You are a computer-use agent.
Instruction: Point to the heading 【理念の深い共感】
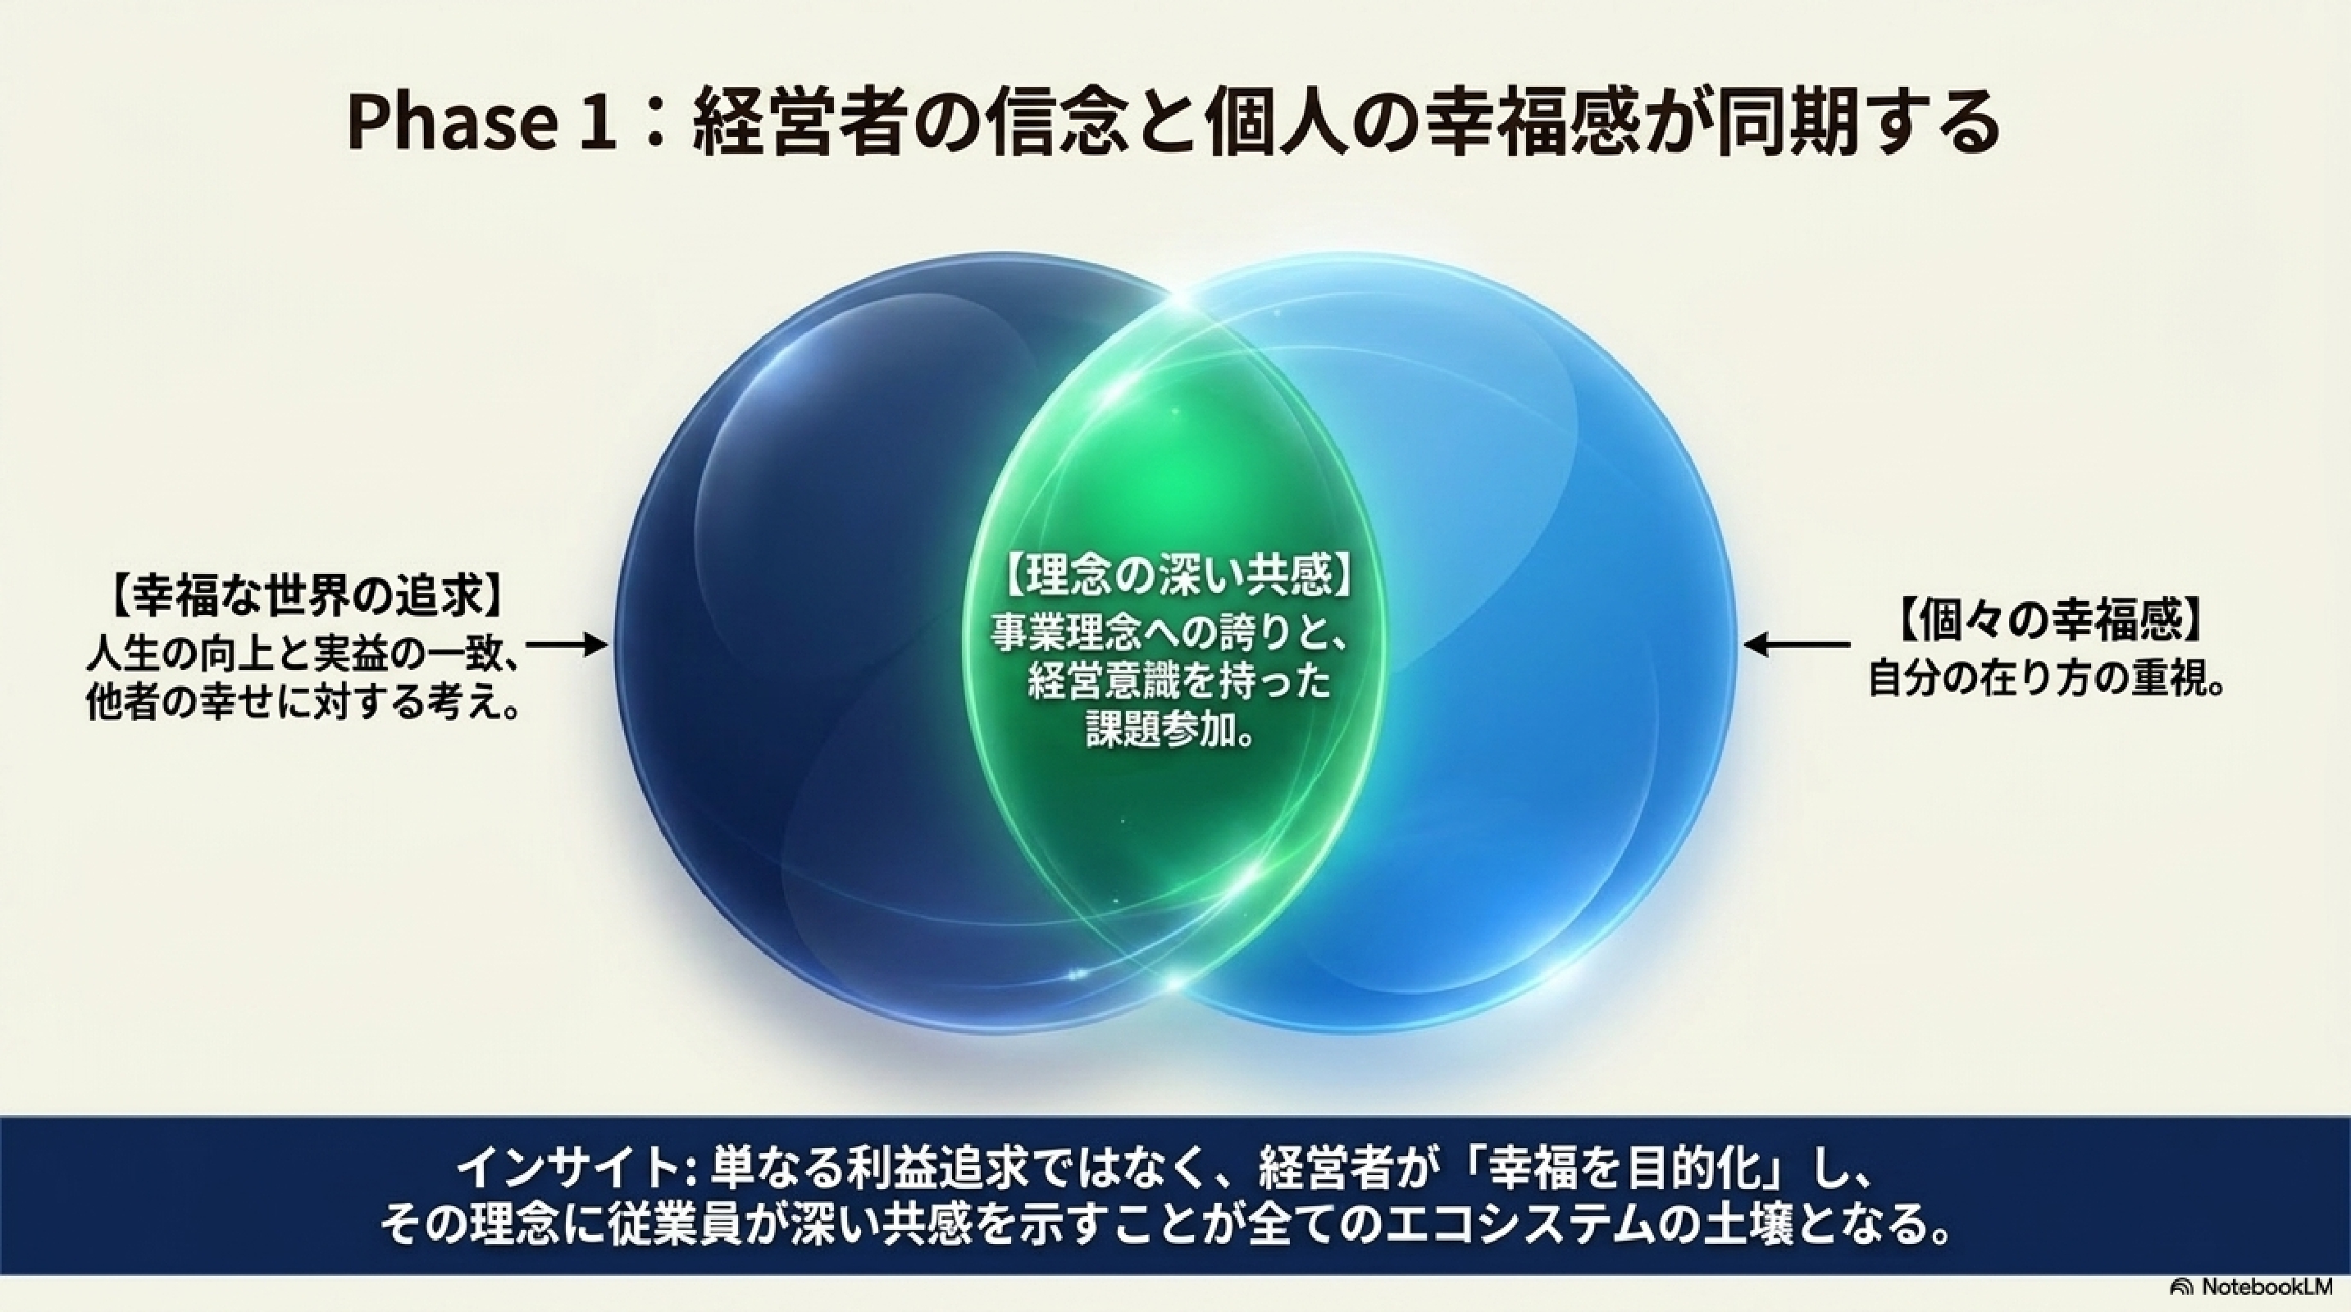[1177, 575]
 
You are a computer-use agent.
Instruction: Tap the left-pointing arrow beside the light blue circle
[1797, 645]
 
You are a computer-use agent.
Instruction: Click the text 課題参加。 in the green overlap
[1169, 730]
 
